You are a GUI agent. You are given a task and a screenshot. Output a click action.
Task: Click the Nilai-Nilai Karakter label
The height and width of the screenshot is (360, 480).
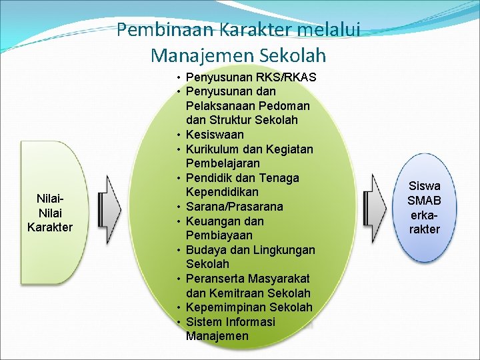(50, 213)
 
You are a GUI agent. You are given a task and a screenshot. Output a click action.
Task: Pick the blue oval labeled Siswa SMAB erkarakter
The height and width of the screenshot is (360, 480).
(425, 208)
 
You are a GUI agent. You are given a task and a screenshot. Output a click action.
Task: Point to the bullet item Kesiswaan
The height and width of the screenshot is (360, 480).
(215, 135)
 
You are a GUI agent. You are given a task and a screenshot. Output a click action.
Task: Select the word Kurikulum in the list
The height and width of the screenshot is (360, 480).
(215, 149)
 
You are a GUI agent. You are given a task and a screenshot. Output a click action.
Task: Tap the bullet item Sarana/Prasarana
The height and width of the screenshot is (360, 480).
(235, 207)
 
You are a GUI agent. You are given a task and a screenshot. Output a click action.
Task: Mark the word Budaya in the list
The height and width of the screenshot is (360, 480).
(208, 250)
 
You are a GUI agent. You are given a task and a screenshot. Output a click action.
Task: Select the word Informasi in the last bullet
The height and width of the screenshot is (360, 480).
(251, 322)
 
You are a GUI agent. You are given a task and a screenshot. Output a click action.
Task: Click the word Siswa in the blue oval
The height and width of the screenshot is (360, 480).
(425, 186)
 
